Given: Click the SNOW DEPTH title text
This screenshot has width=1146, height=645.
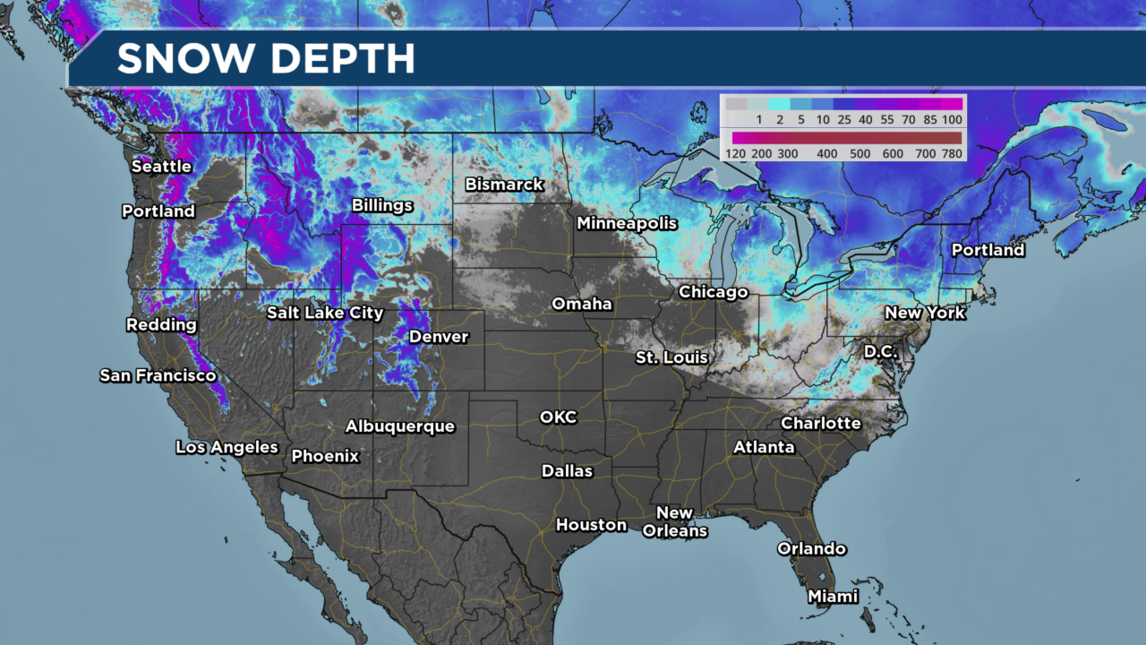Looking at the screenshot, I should pyautogui.click(x=266, y=59).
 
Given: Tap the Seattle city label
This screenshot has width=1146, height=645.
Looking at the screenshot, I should pyautogui.click(x=161, y=167).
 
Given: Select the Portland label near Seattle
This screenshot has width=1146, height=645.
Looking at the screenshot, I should pyautogui.click(x=158, y=211).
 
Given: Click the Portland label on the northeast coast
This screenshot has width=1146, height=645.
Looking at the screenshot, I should pyautogui.click(x=988, y=250).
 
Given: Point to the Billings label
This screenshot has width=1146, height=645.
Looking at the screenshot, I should pyautogui.click(x=382, y=205).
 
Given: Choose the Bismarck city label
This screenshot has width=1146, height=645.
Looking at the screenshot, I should pyautogui.click(x=504, y=185).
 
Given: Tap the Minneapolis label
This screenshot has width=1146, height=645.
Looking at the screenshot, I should pyautogui.click(x=627, y=223).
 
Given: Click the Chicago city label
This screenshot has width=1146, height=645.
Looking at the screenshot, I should pyautogui.click(x=713, y=292).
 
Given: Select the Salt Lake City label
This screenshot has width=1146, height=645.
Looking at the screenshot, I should pyautogui.click(x=325, y=313).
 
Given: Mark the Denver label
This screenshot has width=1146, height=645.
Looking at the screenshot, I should pyautogui.click(x=439, y=337).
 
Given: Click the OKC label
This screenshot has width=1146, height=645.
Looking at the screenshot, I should pyautogui.click(x=558, y=417).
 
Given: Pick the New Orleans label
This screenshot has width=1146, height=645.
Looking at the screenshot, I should pyautogui.click(x=674, y=521).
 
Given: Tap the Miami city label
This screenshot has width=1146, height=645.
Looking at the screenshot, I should pyautogui.click(x=833, y=597).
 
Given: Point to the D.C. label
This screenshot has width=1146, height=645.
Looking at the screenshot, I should pyautogui.click(x=880, y=352).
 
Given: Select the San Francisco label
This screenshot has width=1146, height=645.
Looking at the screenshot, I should pyautogui.click(x=158, y=375).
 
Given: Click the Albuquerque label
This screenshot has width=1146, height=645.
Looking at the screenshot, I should pyautogui.click(x=400, y=426).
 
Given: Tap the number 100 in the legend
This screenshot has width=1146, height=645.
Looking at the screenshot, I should pyautogui.click(x=951, y=119).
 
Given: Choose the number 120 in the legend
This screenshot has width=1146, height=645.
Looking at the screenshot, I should pyautogui.click(x=737, y=154).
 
